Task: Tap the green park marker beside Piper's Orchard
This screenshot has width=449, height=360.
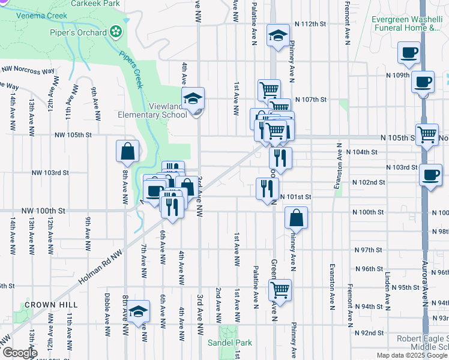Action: (x=115, y=31)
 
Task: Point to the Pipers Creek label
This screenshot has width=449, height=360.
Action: (x=131, y=70)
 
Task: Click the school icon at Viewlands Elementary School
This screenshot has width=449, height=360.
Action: (x=193, y=98)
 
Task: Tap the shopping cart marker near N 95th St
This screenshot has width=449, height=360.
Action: (x=280, y=290)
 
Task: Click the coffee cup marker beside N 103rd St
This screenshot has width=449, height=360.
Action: (x=430, y=175)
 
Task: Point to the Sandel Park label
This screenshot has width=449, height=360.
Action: (x=230, y=343)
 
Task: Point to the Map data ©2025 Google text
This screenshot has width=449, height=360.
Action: (x=412, y=355)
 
